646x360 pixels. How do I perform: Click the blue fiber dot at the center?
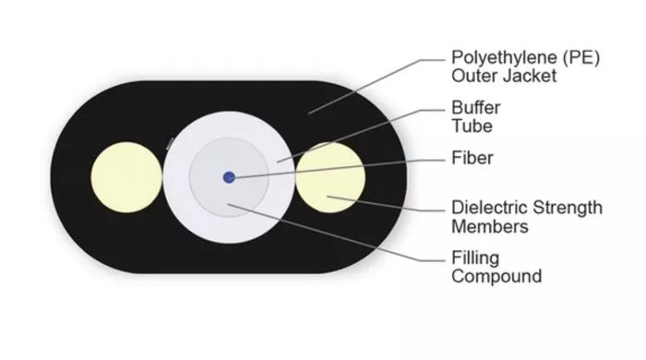[229, 177]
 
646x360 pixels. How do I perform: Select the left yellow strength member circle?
[126, 177]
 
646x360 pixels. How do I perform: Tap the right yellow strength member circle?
[330, 177]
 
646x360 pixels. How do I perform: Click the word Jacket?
[531, 76]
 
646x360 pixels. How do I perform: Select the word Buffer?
[476, 108]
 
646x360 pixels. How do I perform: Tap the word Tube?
[472, 126]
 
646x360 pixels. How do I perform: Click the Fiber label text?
[473, 158]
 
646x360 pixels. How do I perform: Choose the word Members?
[490, 227]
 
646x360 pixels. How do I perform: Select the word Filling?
[475, 258]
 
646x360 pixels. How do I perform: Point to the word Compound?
[496, 277]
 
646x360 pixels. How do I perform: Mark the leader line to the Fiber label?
[340, 169]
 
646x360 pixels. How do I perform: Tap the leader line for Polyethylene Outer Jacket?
[377, 86]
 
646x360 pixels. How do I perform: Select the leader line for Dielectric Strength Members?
[386, 203]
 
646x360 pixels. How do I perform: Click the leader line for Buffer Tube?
[361, 136]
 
